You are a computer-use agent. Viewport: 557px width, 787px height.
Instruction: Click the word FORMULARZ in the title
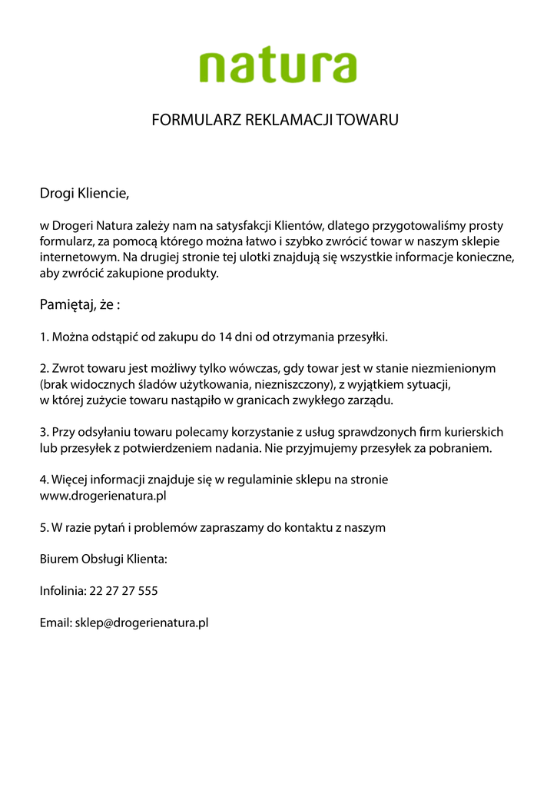[196, 120]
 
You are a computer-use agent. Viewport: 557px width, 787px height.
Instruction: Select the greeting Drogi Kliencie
[85, 193]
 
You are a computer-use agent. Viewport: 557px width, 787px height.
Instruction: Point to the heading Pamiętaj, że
[80, 305]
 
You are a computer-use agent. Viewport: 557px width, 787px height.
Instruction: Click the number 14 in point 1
[226, 337]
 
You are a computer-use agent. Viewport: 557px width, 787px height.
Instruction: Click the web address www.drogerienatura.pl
[103, 496]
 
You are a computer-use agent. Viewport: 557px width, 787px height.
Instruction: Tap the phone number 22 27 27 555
[124, 591]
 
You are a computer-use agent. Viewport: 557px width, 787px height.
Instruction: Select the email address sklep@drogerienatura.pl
[142, 623]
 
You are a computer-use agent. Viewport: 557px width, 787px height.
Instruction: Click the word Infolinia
[63, 591]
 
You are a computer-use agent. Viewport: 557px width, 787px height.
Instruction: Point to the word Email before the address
[55, 623]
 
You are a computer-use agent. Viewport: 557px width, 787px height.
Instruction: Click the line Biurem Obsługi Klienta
[103, 560]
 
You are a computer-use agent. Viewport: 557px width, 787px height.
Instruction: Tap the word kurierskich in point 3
[475, 432]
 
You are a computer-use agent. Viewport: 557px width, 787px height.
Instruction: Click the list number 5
[44, 527]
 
